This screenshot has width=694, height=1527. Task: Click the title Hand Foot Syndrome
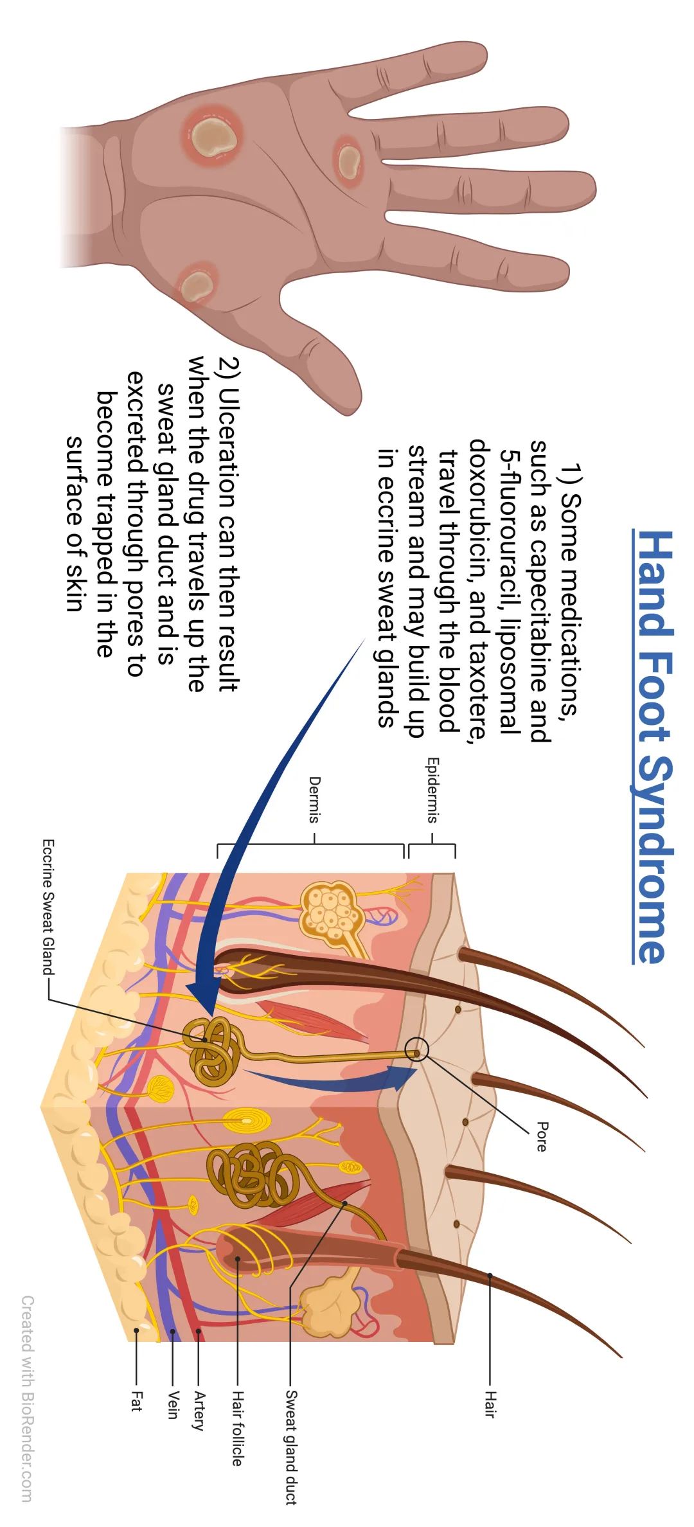pos(653,747)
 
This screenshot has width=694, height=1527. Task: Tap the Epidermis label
pos(432,790)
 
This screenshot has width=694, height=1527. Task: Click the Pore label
pos(542,1136)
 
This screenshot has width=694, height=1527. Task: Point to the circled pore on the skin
pos(416,1053)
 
